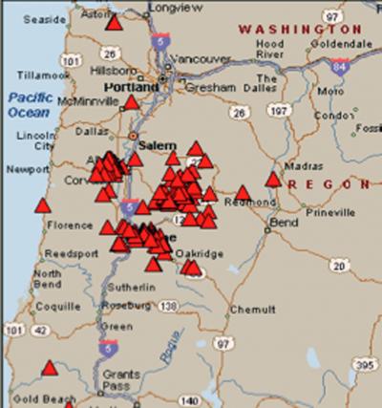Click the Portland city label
click(130, 87)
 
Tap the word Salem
click(153, 145)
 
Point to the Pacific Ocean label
click(30, 105)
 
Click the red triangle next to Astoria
click(115, 21)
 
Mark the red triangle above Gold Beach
click(50, 368)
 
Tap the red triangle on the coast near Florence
click(42, 205)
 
